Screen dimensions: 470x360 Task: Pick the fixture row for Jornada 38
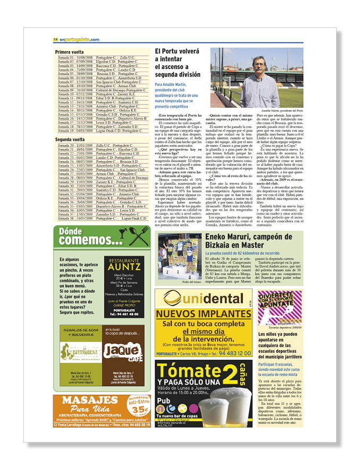(x=102, y=219)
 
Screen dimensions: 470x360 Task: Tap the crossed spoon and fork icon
(x=139, y=236)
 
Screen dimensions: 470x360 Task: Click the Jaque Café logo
(x=123, y=351)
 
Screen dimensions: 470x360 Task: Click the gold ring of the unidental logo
(x=171, y=298)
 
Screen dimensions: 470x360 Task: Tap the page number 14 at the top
(x=55, y=39)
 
